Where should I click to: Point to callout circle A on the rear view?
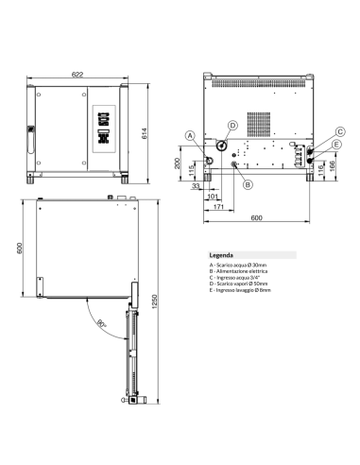tap(189, 135)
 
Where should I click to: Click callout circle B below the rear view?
tap(247, 185)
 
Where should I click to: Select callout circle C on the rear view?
tap(339, 131)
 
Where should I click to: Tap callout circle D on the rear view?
tap(231, 125)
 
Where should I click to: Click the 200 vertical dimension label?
tap(180, 163)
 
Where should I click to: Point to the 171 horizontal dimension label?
tap(218, 206)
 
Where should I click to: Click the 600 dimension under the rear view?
tap(257, 218)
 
